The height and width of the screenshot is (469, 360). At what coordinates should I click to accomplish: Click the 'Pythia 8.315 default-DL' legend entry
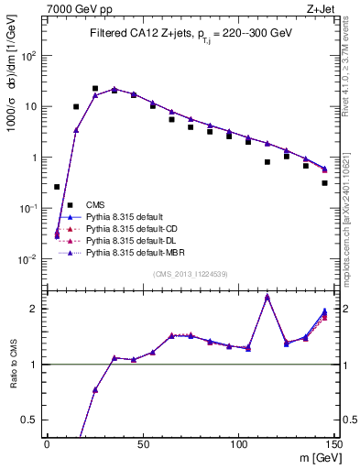pos(134,239)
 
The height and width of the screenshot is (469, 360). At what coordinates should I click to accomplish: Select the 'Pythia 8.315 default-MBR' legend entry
pos(136,250)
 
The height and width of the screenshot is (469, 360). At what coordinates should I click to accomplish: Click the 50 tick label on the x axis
pos(143,445)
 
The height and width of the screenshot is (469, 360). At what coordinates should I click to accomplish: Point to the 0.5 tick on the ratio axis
pos(34,420)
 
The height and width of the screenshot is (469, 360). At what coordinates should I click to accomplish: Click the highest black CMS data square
pos(95,89)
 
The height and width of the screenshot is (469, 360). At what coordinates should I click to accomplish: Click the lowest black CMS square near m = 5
pos(57,187)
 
